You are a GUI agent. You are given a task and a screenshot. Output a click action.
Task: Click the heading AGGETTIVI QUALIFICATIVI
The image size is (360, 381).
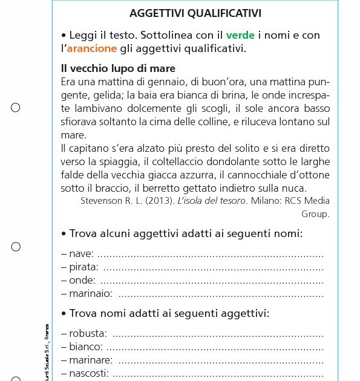(195, 13)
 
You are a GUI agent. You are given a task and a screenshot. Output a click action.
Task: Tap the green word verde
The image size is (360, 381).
(240, 36)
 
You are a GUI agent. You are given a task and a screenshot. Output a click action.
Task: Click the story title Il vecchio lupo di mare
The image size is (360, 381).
(118, 68)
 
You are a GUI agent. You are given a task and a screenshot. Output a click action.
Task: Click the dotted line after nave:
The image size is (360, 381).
(210, 253)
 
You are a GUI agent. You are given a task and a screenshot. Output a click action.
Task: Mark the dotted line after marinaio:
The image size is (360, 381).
(220, 293)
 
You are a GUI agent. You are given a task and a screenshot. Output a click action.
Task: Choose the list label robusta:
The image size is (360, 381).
(84, 333)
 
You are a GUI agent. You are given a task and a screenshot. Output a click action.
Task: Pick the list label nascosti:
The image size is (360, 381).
(85, 373)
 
